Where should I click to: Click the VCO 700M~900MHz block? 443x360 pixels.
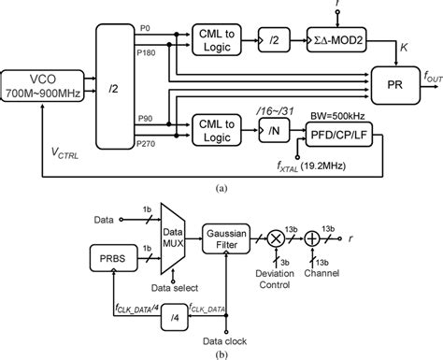(45, 85)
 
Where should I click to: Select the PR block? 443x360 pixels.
(393, 82)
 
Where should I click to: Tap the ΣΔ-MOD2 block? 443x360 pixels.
(342, 41)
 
